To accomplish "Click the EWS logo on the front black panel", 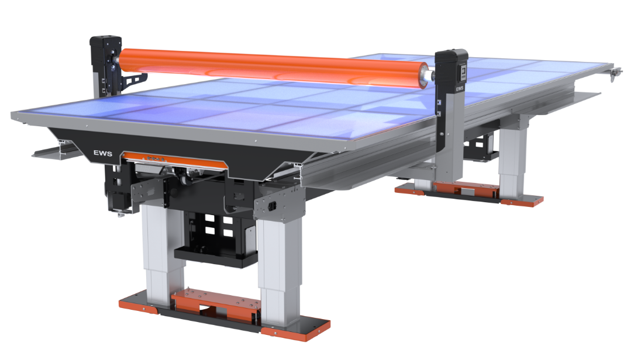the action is (x=102, y=153).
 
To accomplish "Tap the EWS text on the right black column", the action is (x=460, y=88).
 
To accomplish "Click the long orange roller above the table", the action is (x=274, y=67).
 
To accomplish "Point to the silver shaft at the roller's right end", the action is (x=431, y=75).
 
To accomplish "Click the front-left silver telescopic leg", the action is (x=162, y=254).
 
